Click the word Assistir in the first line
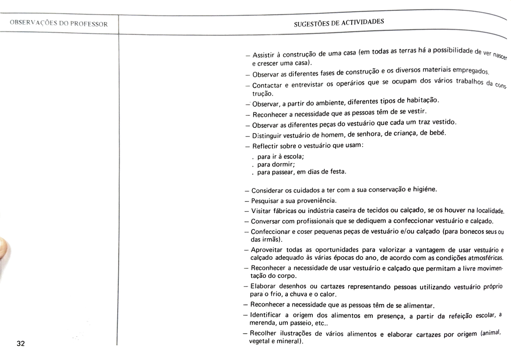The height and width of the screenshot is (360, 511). coord(264,55)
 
